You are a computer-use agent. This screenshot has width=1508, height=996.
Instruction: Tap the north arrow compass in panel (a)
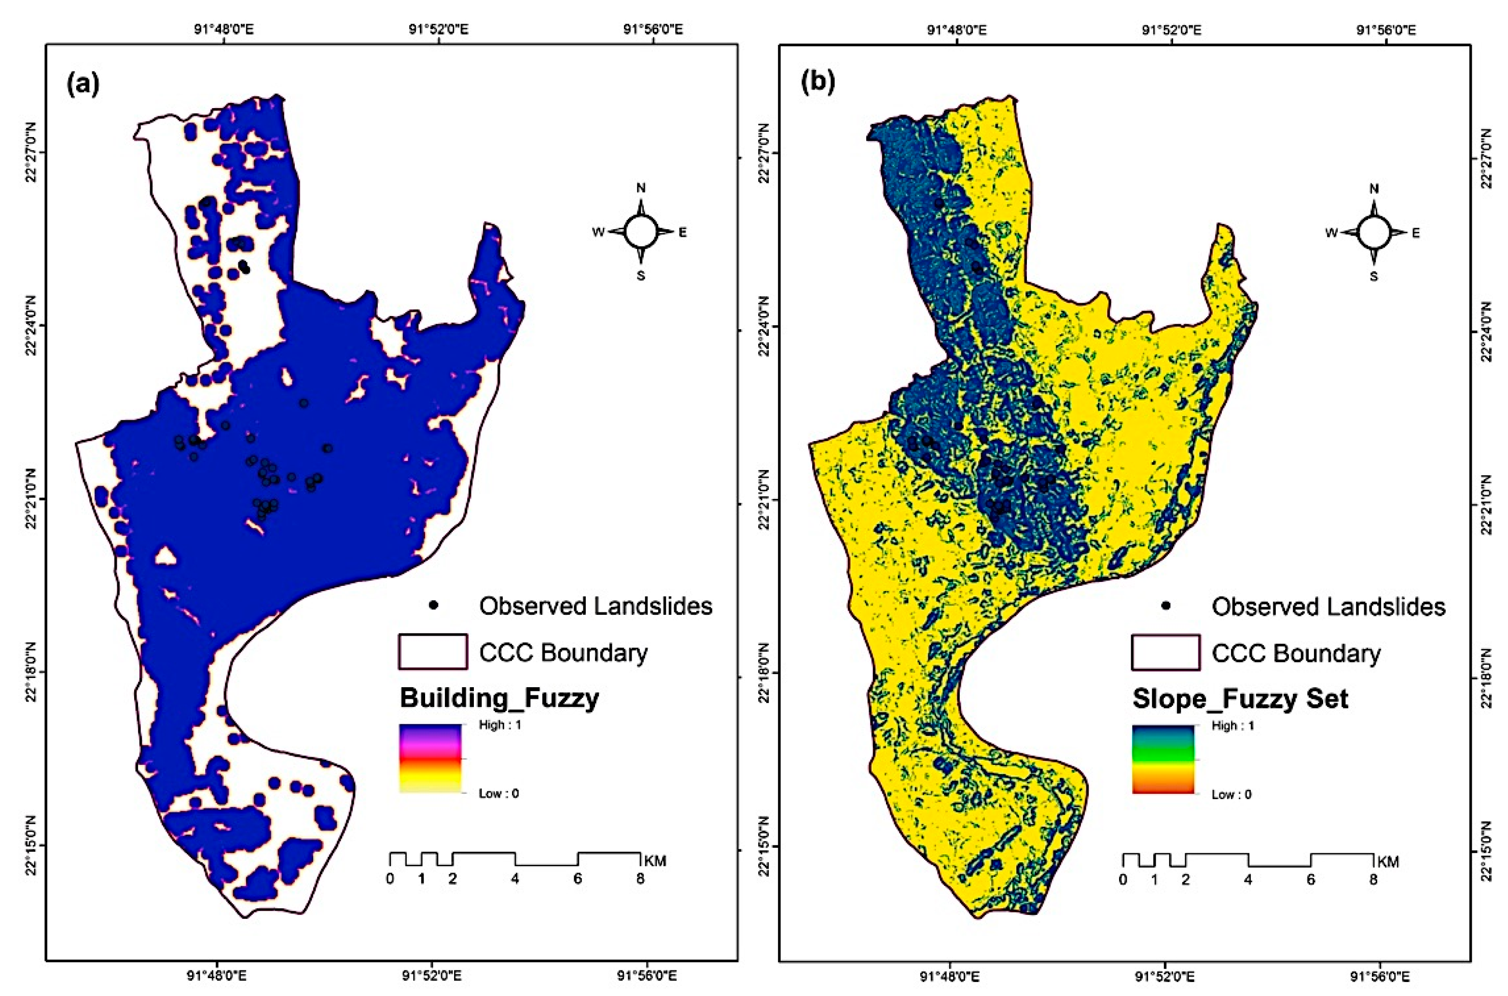click(640, 232)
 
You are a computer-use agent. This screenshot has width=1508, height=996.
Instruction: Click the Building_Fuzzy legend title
click(499, 698)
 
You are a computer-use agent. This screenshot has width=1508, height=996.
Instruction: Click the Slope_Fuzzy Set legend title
click(1240, 699)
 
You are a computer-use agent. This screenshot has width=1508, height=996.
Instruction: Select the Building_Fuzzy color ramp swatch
click(430, 759)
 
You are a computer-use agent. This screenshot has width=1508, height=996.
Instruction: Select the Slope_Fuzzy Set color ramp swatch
click(1163, 760)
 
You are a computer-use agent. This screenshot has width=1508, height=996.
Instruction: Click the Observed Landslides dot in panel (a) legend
click(434, 605)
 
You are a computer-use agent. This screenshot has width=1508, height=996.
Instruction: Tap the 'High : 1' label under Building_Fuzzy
click(500, 725)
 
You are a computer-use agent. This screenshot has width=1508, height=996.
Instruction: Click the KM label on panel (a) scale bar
click(655, 861)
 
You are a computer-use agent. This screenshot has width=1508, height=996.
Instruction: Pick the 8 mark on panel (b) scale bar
click(1373, 880)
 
